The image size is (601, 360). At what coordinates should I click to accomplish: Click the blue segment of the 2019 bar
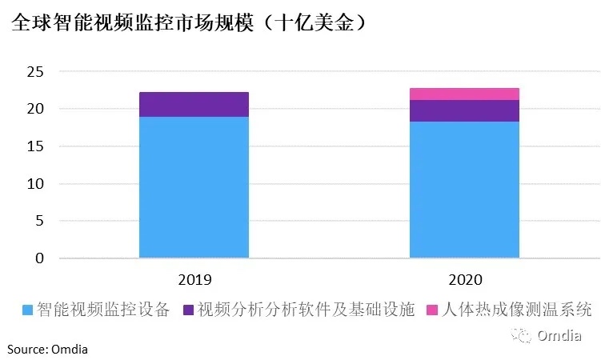click(x=194, y=187)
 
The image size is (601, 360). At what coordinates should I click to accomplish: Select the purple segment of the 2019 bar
click(x=194, y=105)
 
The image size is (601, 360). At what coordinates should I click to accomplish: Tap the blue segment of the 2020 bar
click(x=464, y=190)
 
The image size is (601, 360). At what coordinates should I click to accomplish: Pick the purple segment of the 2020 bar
click(x=464, y=111)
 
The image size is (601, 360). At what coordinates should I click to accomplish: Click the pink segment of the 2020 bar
click(x=464, y=94)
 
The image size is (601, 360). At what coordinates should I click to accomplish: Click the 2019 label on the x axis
click(x=194, y=280)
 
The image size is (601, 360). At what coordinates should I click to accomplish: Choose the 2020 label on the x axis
click(x=464, y=280)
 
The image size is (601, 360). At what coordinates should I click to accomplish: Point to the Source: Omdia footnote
click(x=48, y=348)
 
